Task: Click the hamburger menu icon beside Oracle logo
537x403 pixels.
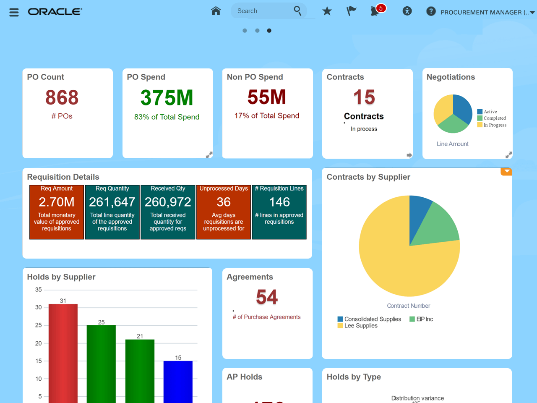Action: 14,12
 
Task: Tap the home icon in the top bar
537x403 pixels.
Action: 216,11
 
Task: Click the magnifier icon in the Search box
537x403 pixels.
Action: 297,10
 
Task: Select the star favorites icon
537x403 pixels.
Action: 327,11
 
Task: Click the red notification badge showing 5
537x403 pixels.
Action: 381,8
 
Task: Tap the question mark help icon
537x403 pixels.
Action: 431,11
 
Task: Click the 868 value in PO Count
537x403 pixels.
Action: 62,97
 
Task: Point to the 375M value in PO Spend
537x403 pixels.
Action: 167,97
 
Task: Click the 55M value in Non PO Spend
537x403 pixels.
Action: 266,97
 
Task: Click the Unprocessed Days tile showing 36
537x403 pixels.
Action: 224,212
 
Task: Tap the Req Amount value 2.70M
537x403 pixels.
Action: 57,202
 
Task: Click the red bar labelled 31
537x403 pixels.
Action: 63,353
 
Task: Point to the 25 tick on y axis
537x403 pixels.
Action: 39,325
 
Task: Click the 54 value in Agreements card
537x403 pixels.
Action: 267,297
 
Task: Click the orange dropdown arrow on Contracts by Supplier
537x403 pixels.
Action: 507,171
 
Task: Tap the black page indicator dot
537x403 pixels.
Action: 269,31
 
